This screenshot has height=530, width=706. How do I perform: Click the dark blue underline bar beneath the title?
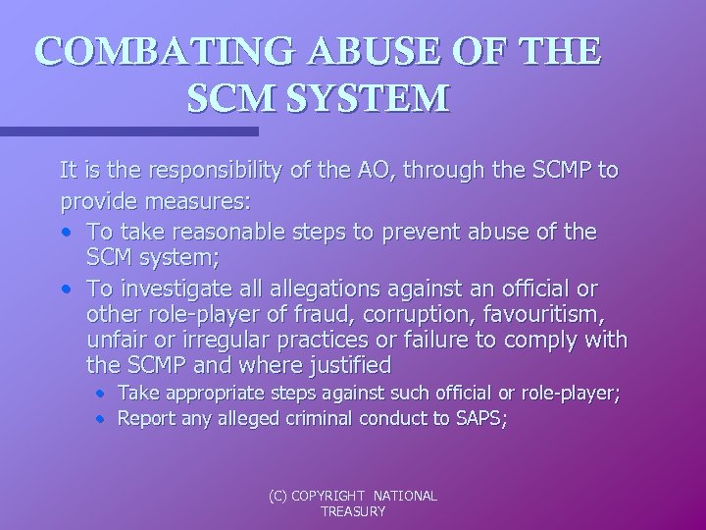point(127,131)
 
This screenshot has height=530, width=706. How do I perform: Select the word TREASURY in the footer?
point(353,512)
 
